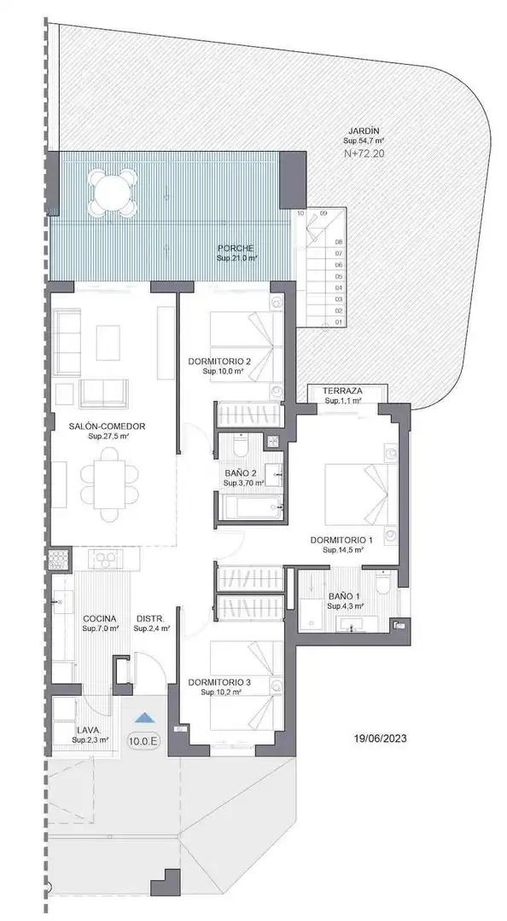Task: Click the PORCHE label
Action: (x=236, y=248)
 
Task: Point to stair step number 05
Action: (x=339, y=276)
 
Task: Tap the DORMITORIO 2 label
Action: (x=220, y=362)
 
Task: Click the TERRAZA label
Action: (x=342, y=391)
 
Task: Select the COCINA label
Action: (x=99, y=618)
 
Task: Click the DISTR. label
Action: (x=150, y=618)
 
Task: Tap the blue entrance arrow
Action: (x=143, y=717)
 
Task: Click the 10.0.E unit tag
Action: (x=143, y=741)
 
